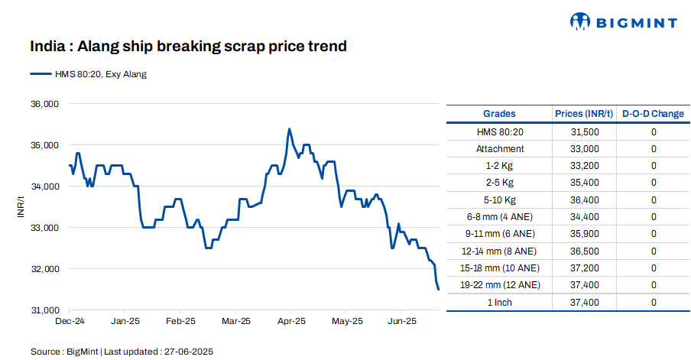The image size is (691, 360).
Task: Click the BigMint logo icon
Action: tap(581, 22)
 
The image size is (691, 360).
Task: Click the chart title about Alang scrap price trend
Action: tap(188, 47)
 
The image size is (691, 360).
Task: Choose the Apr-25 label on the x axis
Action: tap(291, 321)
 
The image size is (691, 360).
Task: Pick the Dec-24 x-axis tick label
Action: tap(70, 321)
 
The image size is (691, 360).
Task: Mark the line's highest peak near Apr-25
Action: tap(289, 129)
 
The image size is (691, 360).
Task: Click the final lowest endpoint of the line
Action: tap(438, 289)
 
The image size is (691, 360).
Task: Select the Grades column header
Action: tap(500, 114)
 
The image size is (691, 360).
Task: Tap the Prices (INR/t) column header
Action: tap(584, 114)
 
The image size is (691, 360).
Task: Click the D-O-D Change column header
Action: tap(653, 114)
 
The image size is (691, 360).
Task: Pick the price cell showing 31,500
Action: tap(584, 132)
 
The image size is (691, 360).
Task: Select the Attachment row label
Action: tap(500, 149)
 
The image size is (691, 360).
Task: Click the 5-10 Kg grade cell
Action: tap(500, 200)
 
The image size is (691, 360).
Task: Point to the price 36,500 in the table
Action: tap(584, 251)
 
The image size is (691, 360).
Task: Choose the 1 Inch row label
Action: tap(500, 303)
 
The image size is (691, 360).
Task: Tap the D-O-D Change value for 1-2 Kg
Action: tap(654, 166)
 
